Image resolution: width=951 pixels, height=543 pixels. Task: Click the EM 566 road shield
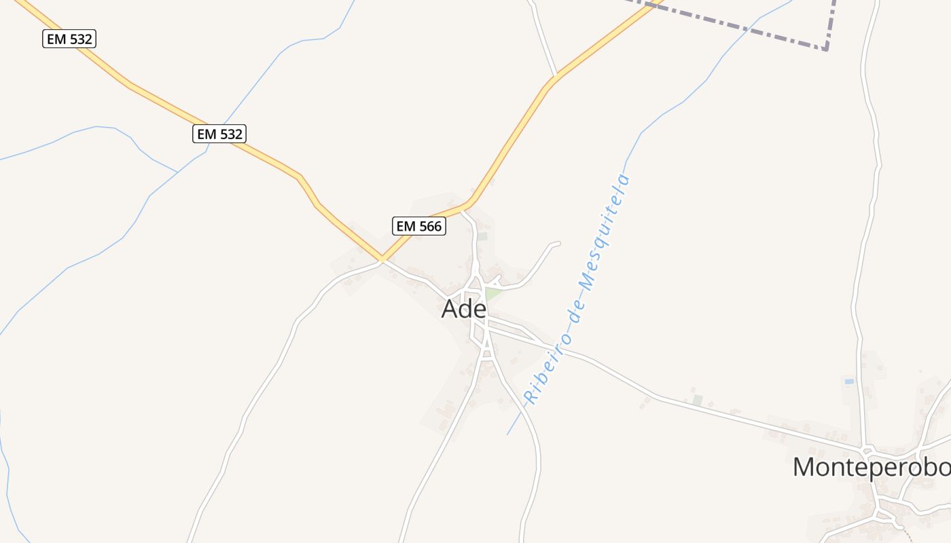(x=419, y=226)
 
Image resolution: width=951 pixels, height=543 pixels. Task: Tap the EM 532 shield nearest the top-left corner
(x=69, y=39)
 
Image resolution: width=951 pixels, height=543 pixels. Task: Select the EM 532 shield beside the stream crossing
(x=219, y=134)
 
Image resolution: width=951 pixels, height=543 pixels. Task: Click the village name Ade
(x=464, y=309)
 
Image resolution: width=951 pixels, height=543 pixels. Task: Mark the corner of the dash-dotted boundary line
(x=826, y=49)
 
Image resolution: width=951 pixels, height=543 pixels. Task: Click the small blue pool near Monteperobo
(x=849, y=381)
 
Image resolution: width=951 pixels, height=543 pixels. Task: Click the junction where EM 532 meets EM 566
(x=382, y=259)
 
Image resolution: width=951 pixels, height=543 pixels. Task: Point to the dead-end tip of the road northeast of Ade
(x=558, y=243)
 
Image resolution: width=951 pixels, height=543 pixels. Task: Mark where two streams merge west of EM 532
(x=178, y=172)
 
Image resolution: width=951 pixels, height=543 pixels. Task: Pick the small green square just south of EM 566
(x=482, y=236)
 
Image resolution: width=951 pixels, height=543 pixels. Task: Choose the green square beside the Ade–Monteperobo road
(x=697, y=400)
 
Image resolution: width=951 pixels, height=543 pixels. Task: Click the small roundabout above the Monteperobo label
(x=867, y=451)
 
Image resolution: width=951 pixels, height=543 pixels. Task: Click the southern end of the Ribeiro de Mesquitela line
(x=507, y=434)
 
